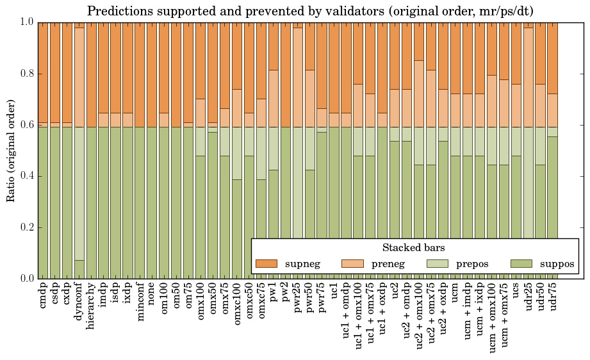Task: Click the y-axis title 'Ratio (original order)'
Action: [11, 150]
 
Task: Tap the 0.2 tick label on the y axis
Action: [26, 227]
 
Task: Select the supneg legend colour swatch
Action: [267, 264]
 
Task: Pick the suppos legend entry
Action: [543, 264]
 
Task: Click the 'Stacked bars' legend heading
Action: [413, 248]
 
